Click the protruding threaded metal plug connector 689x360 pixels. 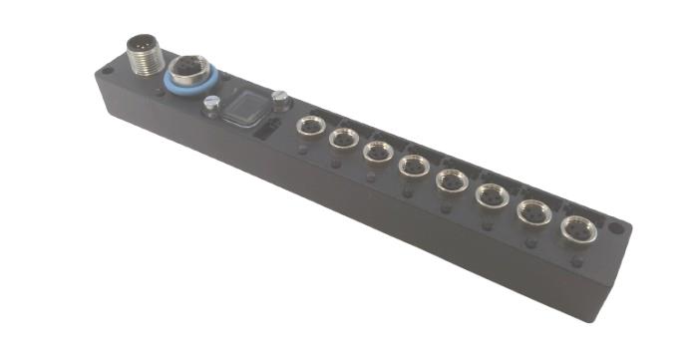tap(144, 54)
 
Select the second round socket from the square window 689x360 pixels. tap(343, 138)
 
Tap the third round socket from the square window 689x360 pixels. tap(377, 151)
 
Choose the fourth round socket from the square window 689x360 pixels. tap(413, 164)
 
